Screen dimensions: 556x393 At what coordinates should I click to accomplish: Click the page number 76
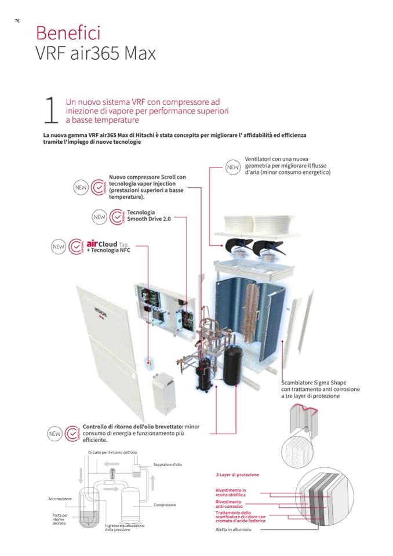click(17, 21)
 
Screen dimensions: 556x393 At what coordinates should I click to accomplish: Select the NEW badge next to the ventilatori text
click(233, 167)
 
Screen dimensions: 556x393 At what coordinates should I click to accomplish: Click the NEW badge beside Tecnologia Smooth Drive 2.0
click(100, 217)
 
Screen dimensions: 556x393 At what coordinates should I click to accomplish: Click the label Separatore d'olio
click(168, 464)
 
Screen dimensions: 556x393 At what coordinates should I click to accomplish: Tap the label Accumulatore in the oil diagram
click(60, 499)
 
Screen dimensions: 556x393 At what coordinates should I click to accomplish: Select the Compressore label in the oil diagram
click(165, 505)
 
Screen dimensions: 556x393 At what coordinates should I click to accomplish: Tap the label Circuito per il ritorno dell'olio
click(112, 451)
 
